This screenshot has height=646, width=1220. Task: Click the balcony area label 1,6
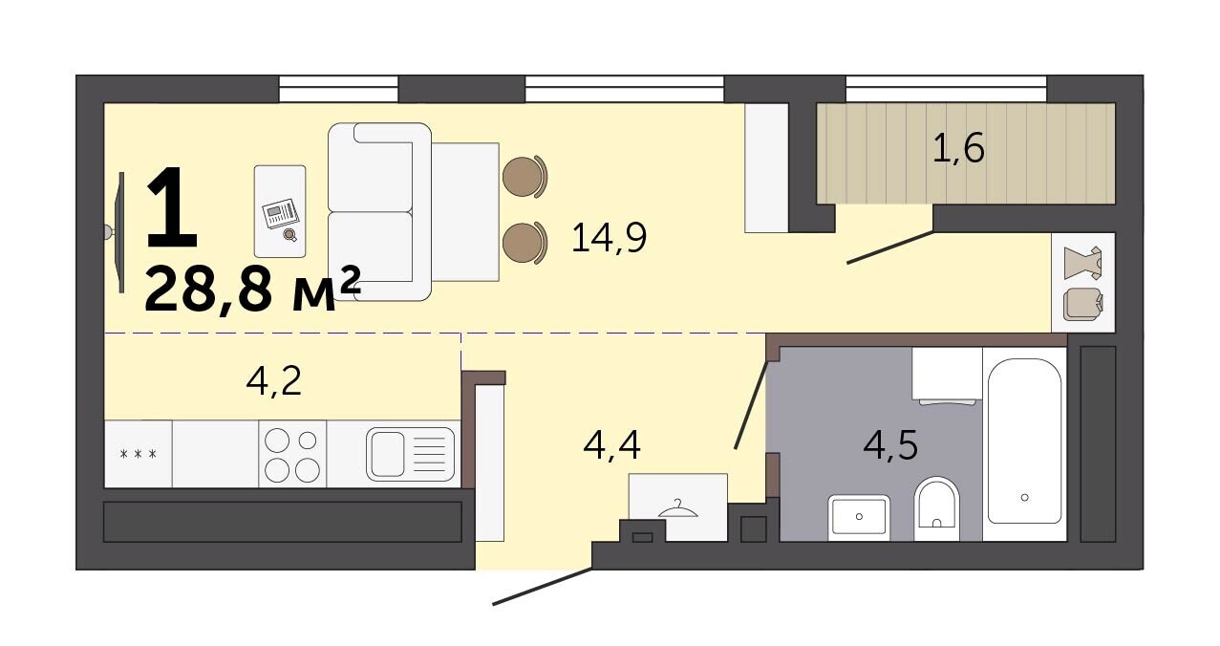pyautogui.click(x=958, y=148)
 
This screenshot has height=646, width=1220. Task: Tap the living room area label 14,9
pyautogui.click(x=609, y=238)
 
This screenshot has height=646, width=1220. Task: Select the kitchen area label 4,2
pyautogui.click(x=274, y=381)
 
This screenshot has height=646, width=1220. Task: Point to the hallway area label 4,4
pyautogui.click(x=611, y=444)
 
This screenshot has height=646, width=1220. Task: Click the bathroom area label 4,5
pyautogui.click(x=890, y=445)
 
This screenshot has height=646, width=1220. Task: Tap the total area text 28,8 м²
pyautogui.click(x=252, y=289)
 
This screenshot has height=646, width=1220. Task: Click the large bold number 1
pyautogui.click(x=170, y=207)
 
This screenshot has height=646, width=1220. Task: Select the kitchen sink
pyautogui.click(x=410, y=454)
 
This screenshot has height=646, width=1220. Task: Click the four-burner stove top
pyautogui.click(x=292, y=454)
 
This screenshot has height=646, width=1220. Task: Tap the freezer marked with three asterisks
pyautogui.click(x=139, y=454)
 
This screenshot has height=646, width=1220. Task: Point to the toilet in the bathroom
pyautogui.click(x=937, y=508)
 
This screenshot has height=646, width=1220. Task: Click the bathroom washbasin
pyautogui.click(x=859, y=517)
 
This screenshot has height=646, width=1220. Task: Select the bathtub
pyautogui.click(x=1024, y=441)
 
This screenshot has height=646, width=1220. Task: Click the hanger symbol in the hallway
pyautogui.click(x=677, y=508)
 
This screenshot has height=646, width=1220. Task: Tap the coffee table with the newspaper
pyautogui.click(x=280, y=211)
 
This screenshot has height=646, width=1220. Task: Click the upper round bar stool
pyautogui.click(x=524, y=177)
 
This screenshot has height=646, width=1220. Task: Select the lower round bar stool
pyautogui.click(x=524, y=243)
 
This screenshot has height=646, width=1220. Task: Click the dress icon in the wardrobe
pyautogui.click(x=1083, y=264)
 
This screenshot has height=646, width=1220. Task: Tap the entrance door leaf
pyautogui.click(x=543, y=586)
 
